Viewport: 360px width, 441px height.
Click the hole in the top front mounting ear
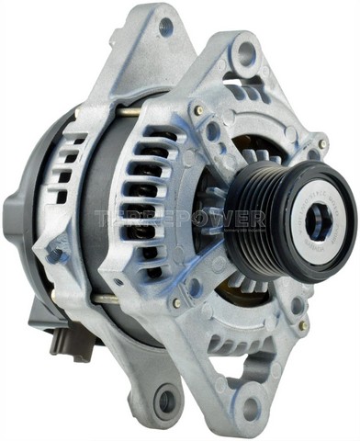(245, 52)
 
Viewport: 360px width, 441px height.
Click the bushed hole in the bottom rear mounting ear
(168, 401)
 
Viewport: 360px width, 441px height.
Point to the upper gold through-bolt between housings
(129, 112)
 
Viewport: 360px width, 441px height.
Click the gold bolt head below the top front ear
(197, 109)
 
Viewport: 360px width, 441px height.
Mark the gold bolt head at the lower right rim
(302, 324)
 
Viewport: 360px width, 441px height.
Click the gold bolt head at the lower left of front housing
(176, 302)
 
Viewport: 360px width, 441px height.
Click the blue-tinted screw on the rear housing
(56, 254)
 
